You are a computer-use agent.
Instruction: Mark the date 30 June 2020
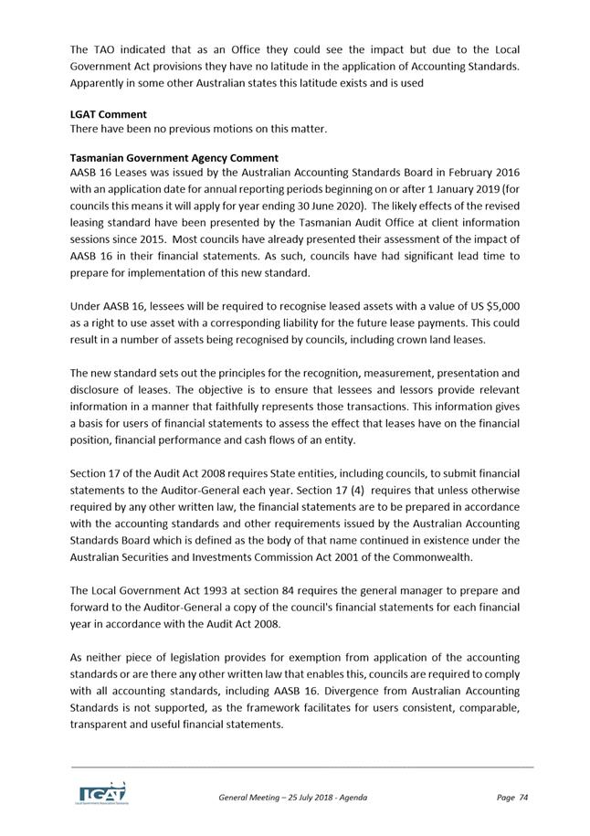tap(330, 206)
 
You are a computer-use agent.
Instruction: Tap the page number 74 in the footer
tap(523, 798)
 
